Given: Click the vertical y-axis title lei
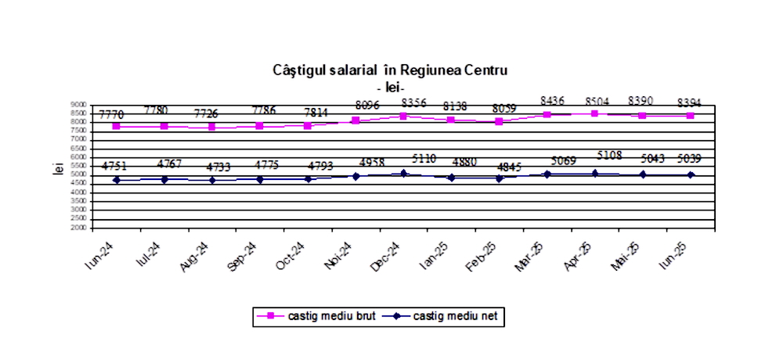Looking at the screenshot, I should (57, 167).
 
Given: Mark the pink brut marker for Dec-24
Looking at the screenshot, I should (403, 116).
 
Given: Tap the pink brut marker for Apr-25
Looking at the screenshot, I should (594, 113).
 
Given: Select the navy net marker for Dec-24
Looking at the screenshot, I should (403, 173).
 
